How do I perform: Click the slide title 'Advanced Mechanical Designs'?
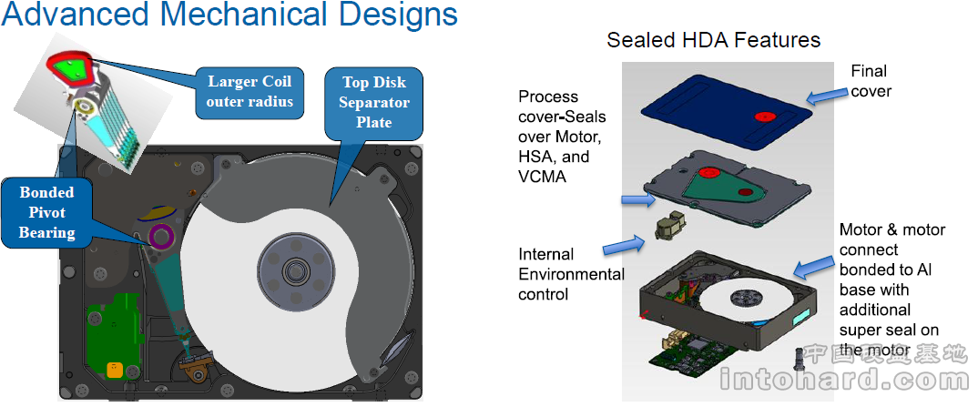pyautogui.click(x=229, y=15)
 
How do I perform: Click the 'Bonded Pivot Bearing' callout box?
pyautogui.click(x=46, y=212)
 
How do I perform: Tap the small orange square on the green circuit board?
pyautogui.click(x=114, y=370)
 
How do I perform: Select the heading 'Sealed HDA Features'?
pyautogui.click(x=713, y=40)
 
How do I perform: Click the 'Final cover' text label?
pyautogui.click(x=870, y=80)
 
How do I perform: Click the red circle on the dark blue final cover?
pyautogui.click(x=765, y=117)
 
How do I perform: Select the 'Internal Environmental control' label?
pyautogui.click(x=571, y=274)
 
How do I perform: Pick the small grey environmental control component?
pyautogui.click(x=670, y=228)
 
